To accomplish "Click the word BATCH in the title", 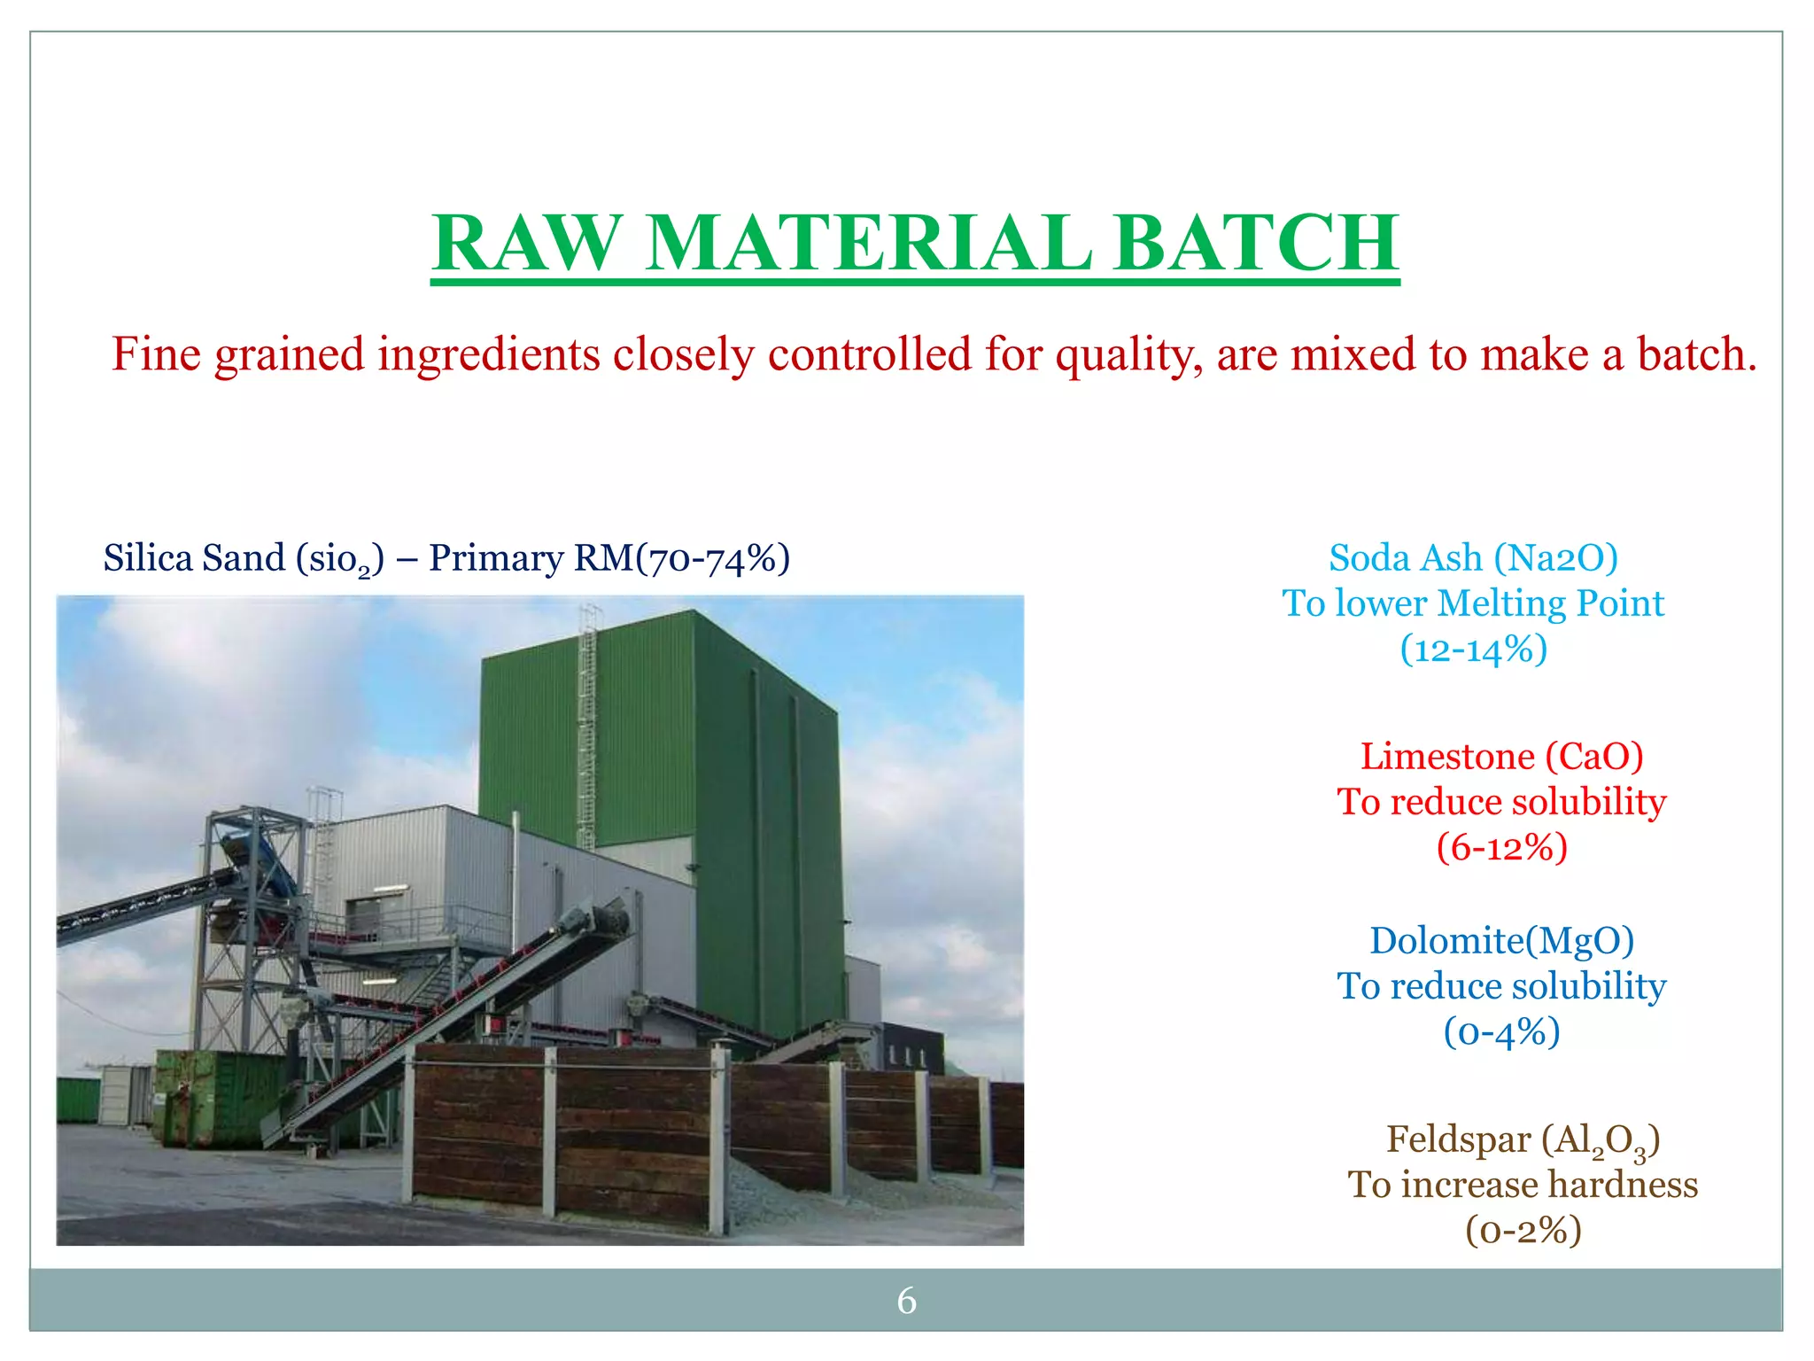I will point(1256,243).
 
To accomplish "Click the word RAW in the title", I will point(526,243).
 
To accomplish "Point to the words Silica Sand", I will point(194,558).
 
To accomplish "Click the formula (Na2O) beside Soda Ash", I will point(1555,558).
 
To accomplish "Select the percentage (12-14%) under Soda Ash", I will point(1473,649).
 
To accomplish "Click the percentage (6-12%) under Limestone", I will point(1501,848).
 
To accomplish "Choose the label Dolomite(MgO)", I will point(1501,941).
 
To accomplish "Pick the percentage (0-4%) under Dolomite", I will point(1501,1032).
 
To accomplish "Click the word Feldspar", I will point(1457,1139).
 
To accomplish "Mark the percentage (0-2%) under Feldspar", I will point(1523,1231).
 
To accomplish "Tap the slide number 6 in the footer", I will point(906,1301).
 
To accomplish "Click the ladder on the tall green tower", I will point(587,727).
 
